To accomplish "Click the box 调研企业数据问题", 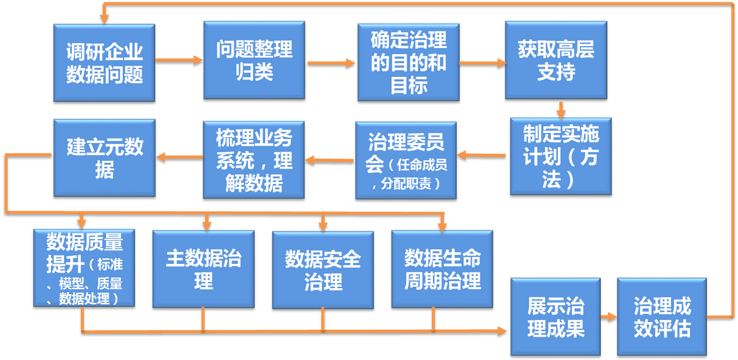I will pyautogui.click(x=104, y=62).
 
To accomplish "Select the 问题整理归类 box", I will pyautogui.click(x=254, y=60).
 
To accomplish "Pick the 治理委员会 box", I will pyautogui.click(x=406, y=160).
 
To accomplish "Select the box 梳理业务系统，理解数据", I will pyautogui.click(x=254, y=159).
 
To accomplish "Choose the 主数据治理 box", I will pyautogui.click(x=203, y=269).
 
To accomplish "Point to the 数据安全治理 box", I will pyautogui.click(x=322, y=269).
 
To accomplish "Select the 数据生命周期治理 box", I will pyautogui.click(x=442, y=269).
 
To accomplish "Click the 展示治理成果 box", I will pyautogui.click(x=555, y=317).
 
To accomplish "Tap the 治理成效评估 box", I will pyautogui.click(x=662, y=317).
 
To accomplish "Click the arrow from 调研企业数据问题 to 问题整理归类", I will pyautogui.click(x=179, y=60).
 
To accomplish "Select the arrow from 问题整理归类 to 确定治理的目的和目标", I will pyautogui.click(x=331, y=62).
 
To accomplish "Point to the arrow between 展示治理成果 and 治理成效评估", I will pyautogui.click(x=608, y=317).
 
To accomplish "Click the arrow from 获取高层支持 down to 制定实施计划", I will pyautogui.click(x=560, y=108).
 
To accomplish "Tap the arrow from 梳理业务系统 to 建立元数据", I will pyautogui.click(x=179, y=157).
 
